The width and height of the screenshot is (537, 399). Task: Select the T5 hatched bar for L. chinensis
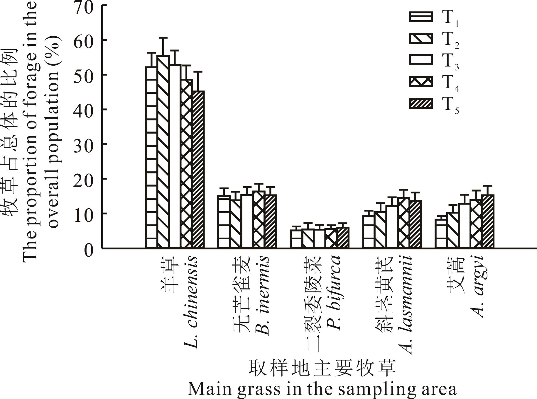tap(198, 170)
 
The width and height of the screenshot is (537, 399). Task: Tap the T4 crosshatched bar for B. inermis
tap(259, 219)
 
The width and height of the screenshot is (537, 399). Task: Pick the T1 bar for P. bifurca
tap(296, 239)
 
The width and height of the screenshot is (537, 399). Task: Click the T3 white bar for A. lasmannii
tap(392, 227)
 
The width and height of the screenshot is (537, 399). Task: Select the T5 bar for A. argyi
tap(488, 221)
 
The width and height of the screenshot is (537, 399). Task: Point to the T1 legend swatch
tap(421, 16)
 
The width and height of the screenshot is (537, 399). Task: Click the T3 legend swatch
tap(421, 60)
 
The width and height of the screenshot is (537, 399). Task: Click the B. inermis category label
tap(262, 296)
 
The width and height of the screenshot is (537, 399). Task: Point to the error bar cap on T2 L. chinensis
tap(163, 37)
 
